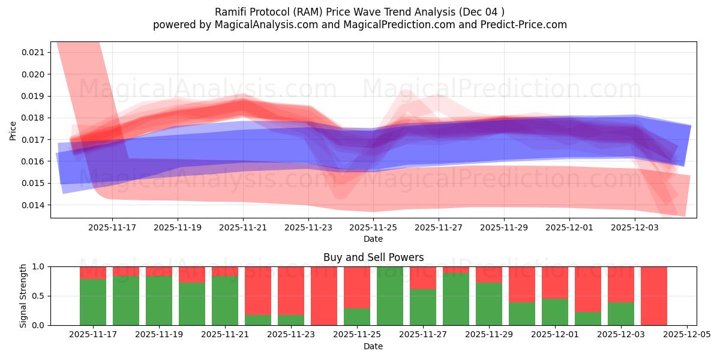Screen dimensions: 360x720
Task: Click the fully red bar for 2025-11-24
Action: pyautogui.click(x=324, y=296)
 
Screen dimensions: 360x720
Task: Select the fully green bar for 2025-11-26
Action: pyautogui.click(x=390, y=296)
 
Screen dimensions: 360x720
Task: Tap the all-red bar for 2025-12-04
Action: pyautogui.click(x=654, y=296)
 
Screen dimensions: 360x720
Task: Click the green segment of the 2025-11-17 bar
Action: pyautogui.click(x=93, y=302)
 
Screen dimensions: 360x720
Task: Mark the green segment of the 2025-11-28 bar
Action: pyautogui.click(x=456, y=299)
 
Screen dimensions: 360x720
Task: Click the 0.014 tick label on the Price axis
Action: pyautogui.click(x=33, y=205)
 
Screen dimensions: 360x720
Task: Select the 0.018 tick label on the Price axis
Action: pyautogui.click(x=33, y=118)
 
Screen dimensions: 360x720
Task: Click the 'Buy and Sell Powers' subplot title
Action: pyautogui.click(x=373, y=257)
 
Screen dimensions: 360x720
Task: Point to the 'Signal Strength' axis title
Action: pyautogui.click(x=23, y=296)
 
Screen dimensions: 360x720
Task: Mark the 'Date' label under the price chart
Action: pyautogui.click(x=373, y=239)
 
